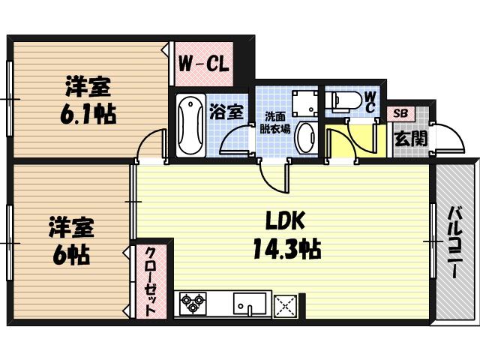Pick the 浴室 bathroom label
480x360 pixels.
[226, 112]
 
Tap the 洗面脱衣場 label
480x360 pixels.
[274, 121]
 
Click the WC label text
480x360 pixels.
[370, 101]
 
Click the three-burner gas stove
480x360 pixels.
[194, 304]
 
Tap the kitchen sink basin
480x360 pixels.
[249, 304]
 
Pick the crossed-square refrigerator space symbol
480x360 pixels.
[286, 304]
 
